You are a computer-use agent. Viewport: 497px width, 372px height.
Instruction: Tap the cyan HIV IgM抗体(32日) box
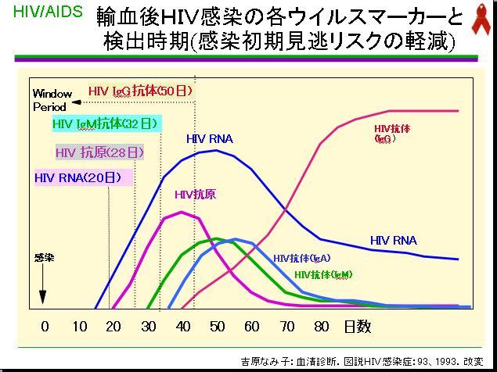[106, 123]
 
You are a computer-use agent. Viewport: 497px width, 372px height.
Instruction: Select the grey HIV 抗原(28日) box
[100, 152]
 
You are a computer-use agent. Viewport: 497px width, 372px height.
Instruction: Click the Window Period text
[52, 100]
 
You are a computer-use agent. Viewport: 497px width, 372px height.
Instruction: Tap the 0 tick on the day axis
[45, 326]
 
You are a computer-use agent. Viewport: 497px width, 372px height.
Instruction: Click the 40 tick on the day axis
[183, 326]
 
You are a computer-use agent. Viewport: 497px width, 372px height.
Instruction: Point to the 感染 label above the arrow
[44, 257]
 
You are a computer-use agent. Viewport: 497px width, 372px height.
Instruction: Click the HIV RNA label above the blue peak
[209, 139]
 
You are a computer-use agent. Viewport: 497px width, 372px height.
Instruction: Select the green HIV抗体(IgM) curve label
[322, 275]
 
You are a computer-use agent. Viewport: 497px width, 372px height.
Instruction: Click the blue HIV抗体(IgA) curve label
[301, 258]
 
